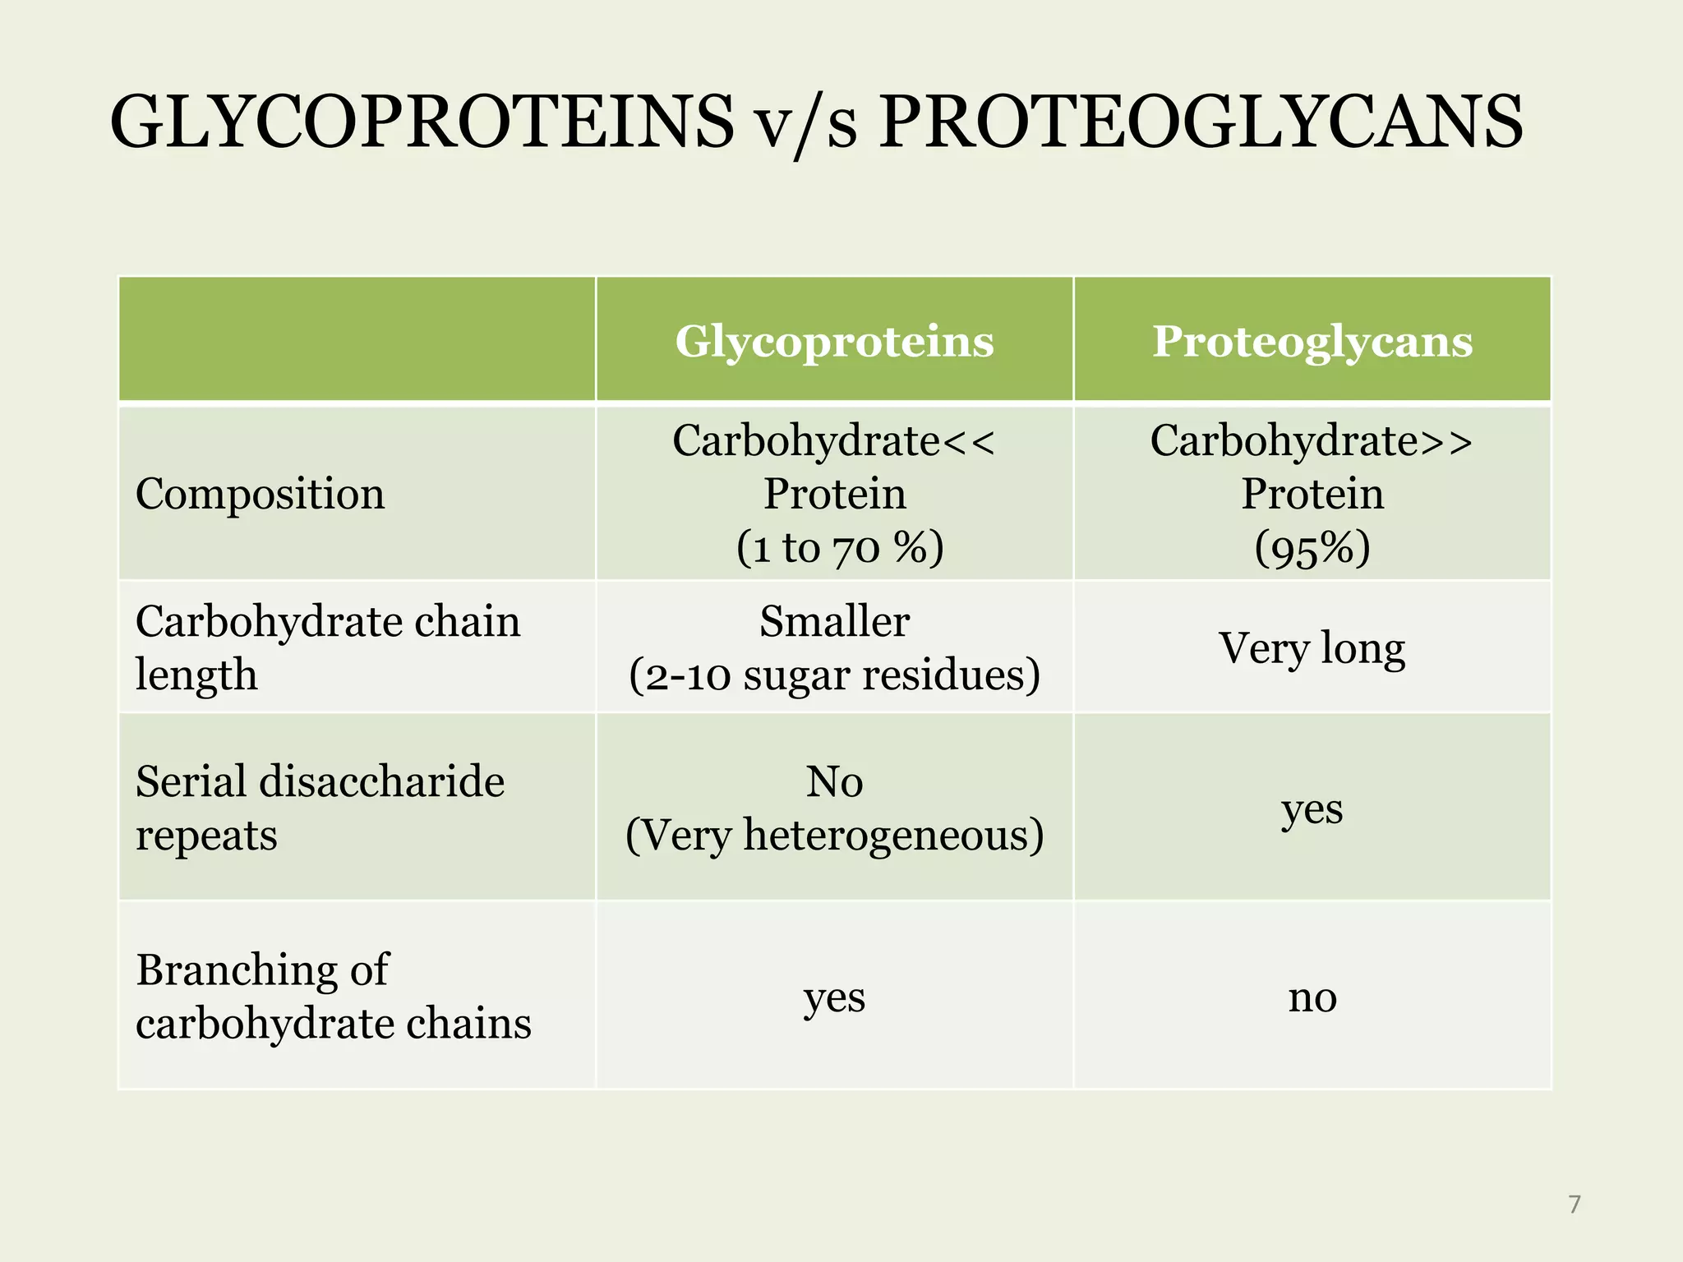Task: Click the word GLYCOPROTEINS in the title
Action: coord(421,123)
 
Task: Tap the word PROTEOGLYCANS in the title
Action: coord(1201,123)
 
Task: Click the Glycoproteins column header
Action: coord(834,341)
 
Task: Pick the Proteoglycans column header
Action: coord(1312,341)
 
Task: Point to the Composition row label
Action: coord(260,495)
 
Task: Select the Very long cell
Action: coord(1312,648)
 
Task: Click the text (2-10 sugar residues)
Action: coord(834,675)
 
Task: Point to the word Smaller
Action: coord(834,622)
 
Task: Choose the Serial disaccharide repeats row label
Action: coord(319,808)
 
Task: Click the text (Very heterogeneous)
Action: coord(834,836)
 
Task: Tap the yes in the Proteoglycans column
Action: coord(1312,809)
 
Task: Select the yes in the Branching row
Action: coord(834,997)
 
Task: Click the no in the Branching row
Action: coord(1312,997)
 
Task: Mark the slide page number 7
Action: coord(1574,1204)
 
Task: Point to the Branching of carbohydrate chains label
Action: coord(333,997)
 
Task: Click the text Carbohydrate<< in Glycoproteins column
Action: coord(834,441)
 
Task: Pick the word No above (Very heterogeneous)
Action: coord(834,781)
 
